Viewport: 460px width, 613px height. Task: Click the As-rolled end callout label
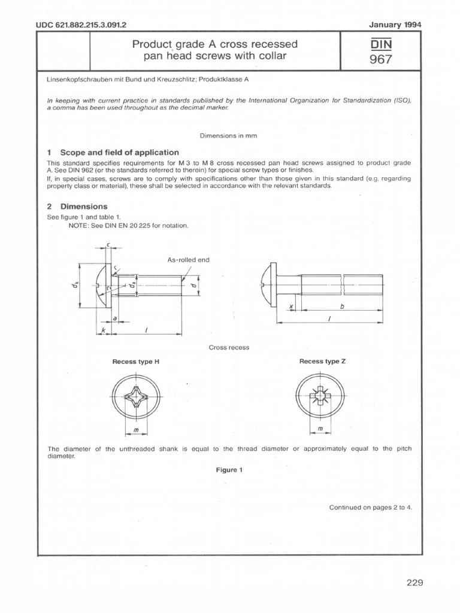(188, 260)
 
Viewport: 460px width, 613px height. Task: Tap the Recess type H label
(136, 362)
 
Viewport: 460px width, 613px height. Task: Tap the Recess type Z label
(322, 362)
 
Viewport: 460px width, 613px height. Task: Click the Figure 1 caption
(229, 470)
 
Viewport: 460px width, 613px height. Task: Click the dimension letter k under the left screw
(103, 330)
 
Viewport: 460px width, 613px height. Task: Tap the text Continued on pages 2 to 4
(371, 507)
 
